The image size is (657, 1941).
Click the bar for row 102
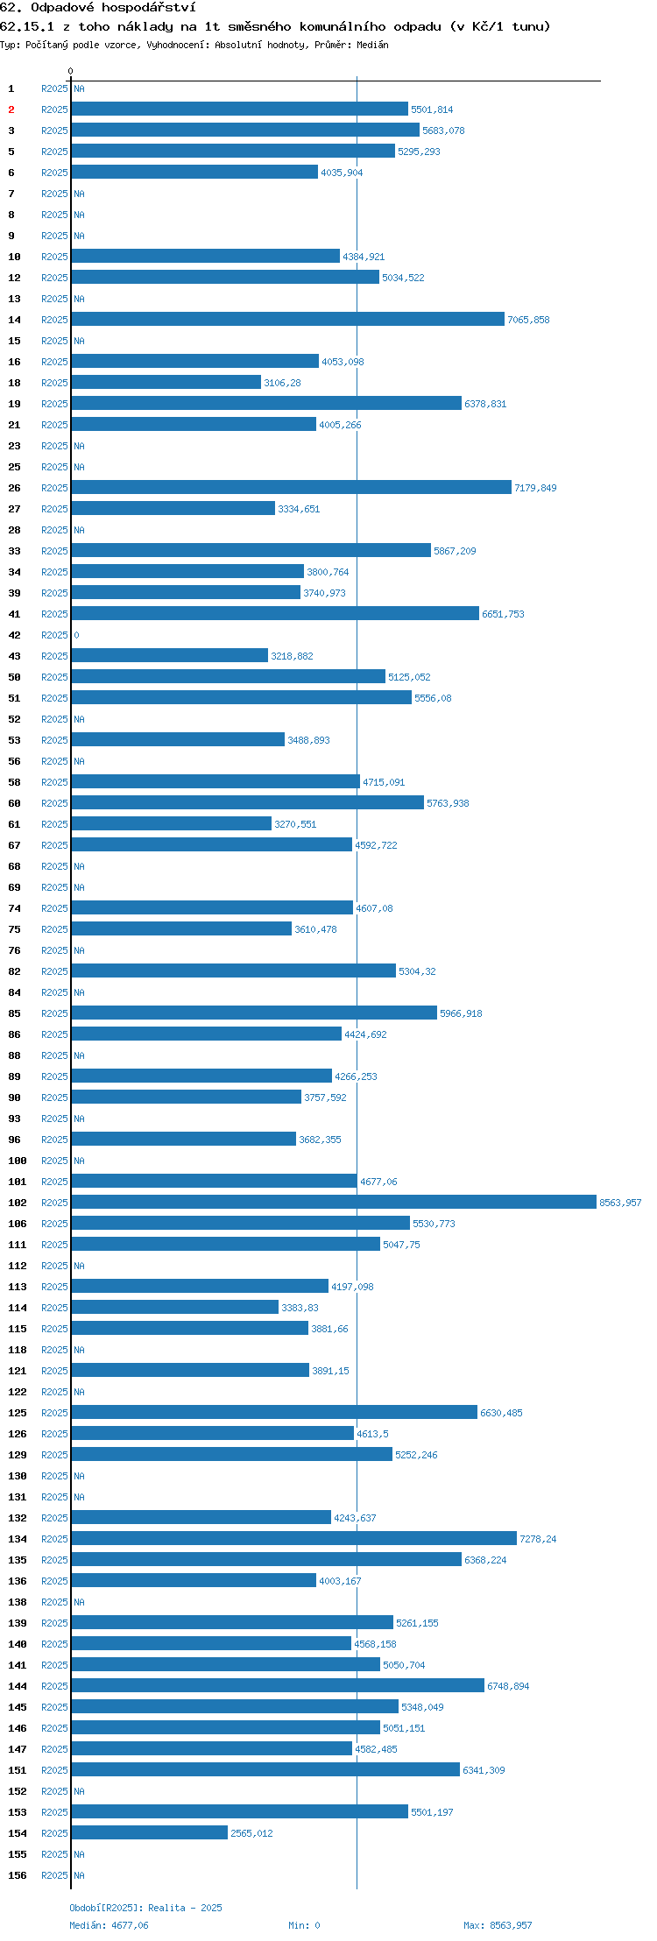(x=334, y=1202)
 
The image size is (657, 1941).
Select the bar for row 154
(x=150, y=1832)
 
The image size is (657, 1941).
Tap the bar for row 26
(x=292, y=487)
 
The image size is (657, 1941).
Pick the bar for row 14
(x=288, y=319)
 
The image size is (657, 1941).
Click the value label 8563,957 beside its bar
(x=620, y=1203)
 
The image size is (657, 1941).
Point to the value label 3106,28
(x=282, y=383)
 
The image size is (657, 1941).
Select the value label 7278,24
(x=538, y=1539)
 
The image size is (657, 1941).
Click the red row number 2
(x=11, y=109)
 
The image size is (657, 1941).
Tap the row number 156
(x=18, y=1875)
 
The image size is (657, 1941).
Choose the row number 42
(x=14, y=635)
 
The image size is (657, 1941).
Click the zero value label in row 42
(x=76, y=635)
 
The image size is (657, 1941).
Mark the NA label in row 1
(x=79, y=88)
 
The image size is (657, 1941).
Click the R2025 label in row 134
(x=54, y=1539)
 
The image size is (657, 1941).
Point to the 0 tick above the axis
(x=71, y=71)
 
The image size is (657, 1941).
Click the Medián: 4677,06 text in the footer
(x=109, y=1925)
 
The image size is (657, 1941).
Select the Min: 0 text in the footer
(x=304, y=1925)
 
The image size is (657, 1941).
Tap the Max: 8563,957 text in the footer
(x=498, y=1925)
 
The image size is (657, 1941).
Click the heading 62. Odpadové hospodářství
(x=98, y=8)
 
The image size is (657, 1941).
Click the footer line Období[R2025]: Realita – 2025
(x=145, y=1908)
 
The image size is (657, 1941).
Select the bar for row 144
(x=278, y=1685)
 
